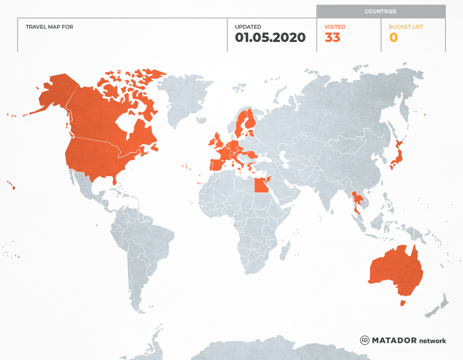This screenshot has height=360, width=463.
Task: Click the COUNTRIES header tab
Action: point(380,12)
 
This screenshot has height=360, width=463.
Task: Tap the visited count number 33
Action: point(332,38)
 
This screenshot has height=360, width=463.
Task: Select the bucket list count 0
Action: point(393,38)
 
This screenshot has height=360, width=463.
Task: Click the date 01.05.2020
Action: point(270,38)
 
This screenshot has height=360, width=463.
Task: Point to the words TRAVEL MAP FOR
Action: point(49,27)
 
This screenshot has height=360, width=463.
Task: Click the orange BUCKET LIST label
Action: point(406,27)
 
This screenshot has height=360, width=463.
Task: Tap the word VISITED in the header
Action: point(335,27)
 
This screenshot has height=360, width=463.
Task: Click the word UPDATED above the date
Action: point(248,27)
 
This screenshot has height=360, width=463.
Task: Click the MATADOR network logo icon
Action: point(364,340)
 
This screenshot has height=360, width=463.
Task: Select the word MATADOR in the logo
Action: point(394,340)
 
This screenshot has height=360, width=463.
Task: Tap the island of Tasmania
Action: point(403,303)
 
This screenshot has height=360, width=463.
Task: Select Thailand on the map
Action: point(357,201)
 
